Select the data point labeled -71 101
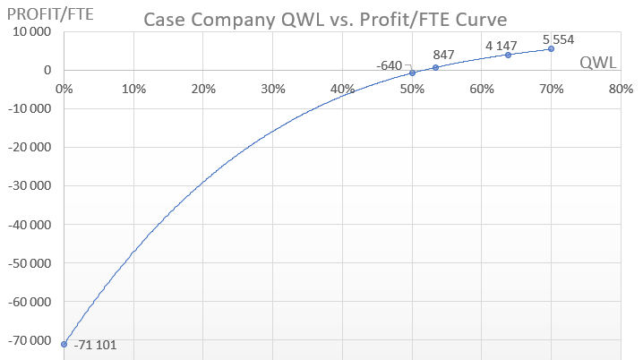tap(64, 344)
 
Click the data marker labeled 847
tap(435, 67)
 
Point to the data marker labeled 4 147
tap(508, 55)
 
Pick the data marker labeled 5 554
tap(551, 49)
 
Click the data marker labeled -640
tap(412, 73)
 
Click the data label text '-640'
tap(390, 65)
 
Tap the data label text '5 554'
tap(558, 39)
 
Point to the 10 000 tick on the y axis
tap(30, 31)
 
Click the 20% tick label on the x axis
tap(203, 90)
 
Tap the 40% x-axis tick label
tap(342, 90)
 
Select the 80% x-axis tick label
tap(621, 90)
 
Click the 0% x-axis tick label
tap(64, 90)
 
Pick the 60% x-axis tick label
tap(482, 90)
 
